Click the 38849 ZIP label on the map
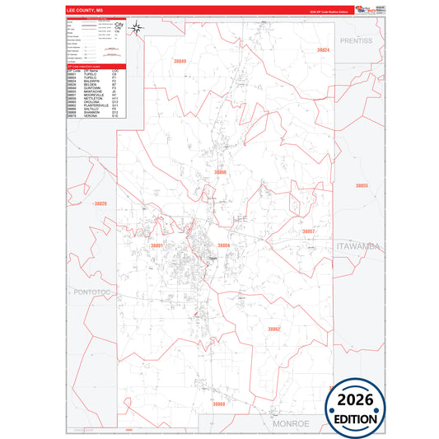(x=180, y=62)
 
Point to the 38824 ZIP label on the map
(x=323, y=50)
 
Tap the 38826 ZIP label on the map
(x=100, y=203)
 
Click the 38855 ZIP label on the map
(x=362, y=186)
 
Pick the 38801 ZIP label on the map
(x=156, y=245)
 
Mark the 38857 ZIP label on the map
(x=308, y=232)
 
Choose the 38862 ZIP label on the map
(x=273, y=329)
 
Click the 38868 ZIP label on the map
(x=218, y=404)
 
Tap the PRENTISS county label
(x=355, y=40)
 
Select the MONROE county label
(x=290, y=423)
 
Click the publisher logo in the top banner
(x=363, y=9)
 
